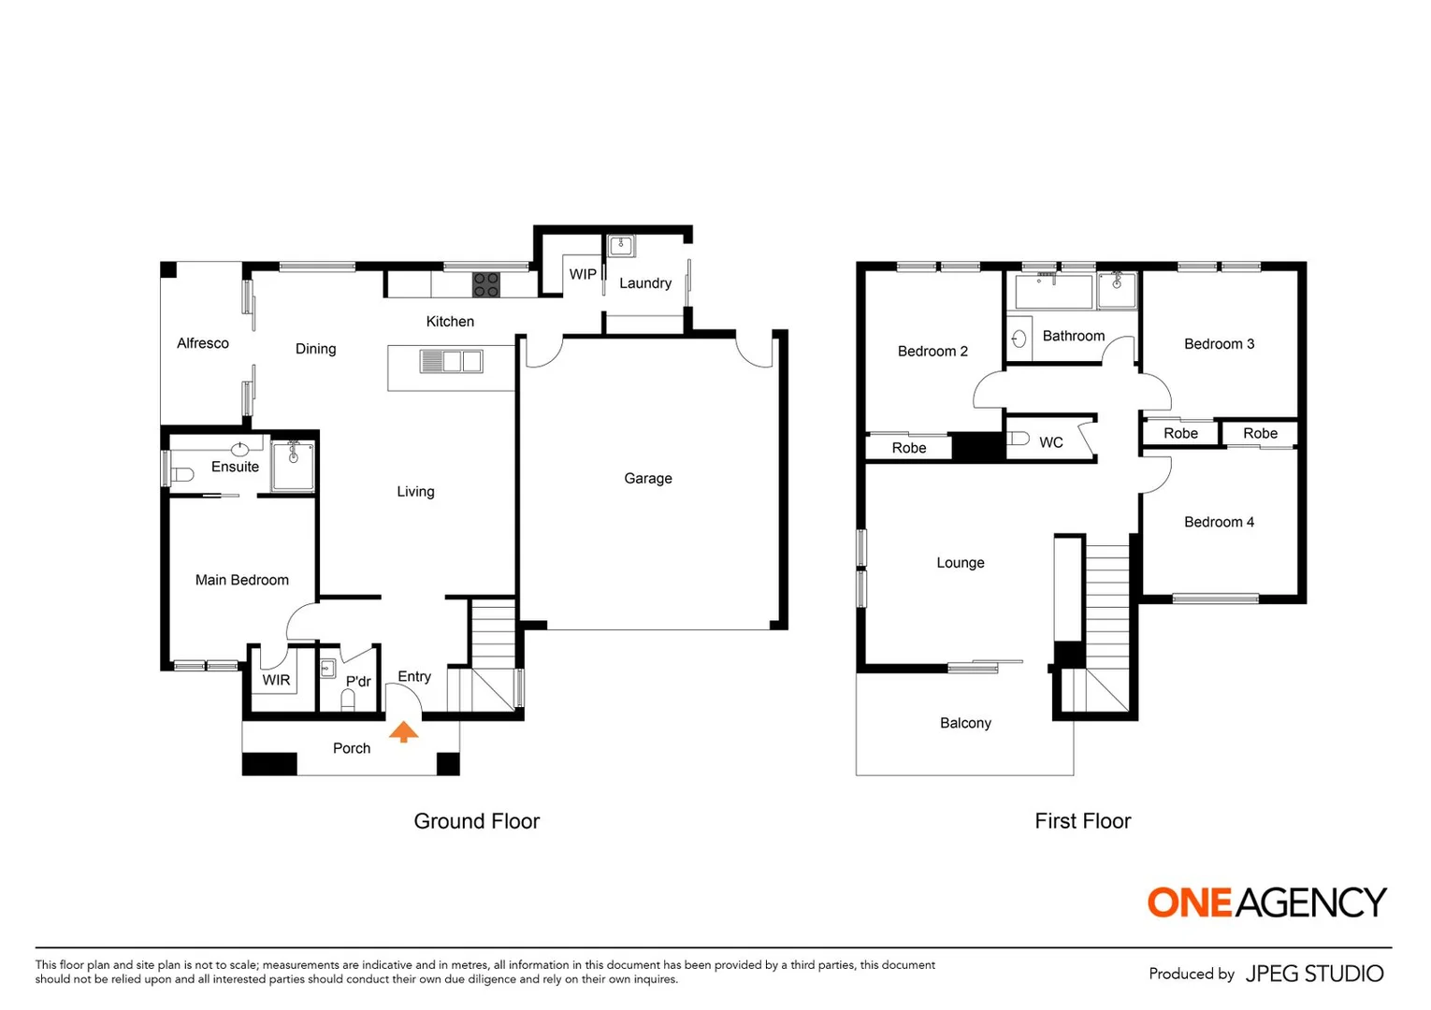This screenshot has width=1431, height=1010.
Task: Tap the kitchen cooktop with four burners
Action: tap(485, 284)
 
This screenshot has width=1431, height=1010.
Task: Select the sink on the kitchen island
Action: tap(452, 361)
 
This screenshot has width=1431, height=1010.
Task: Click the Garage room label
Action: tap(648, 478)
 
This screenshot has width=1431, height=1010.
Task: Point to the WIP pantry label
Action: tap(583, 274)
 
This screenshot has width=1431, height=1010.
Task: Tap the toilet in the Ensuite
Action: tap(181, 474)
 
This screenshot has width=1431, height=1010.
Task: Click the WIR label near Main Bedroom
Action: tap(276, 680)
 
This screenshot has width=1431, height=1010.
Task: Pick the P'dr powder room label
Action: tap(358, 681)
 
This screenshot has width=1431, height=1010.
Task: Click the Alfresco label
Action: tap(203, 343)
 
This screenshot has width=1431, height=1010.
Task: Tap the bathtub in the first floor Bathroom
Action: tap(1053, 292)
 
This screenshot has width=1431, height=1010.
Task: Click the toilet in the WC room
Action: tap(1019, 439)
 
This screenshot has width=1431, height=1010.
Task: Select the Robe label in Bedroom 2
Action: tap(908, 448)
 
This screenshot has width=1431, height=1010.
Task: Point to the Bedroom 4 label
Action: tap(1219, 522)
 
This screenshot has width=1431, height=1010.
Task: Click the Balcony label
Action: tap(965, 723)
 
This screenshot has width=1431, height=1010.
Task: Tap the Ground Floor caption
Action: tap(476, 821)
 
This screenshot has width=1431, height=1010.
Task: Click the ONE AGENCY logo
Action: tap(1266, 902)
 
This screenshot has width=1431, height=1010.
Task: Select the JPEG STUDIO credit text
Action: tap(1314, 974)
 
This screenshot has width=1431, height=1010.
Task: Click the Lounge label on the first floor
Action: tap(961, 562)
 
